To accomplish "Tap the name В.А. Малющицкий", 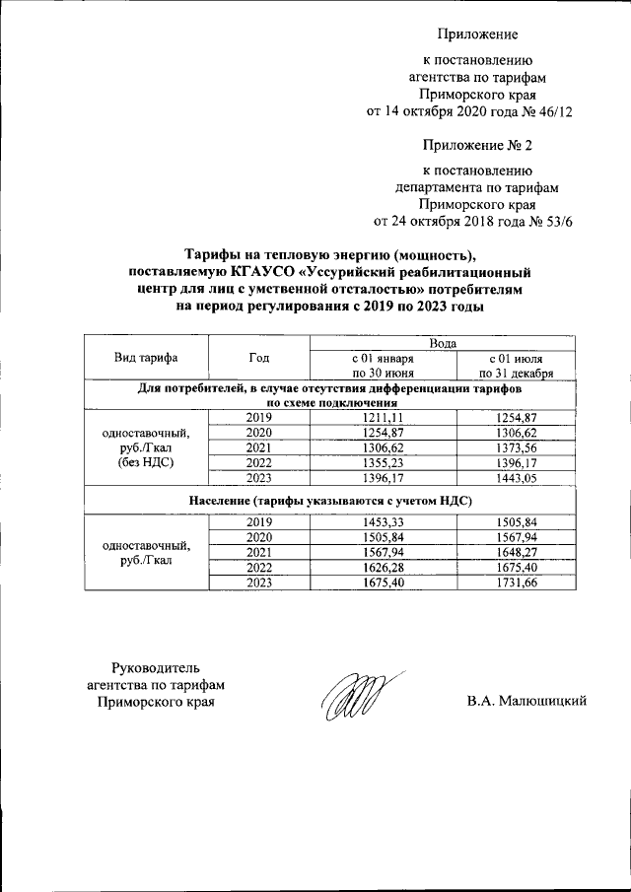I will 527,701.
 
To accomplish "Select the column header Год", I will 260,358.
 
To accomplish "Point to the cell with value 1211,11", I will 385,418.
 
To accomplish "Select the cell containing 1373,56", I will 516,446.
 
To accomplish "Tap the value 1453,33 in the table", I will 385,521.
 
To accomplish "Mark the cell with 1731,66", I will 516,582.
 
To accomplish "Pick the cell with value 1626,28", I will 385,567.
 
